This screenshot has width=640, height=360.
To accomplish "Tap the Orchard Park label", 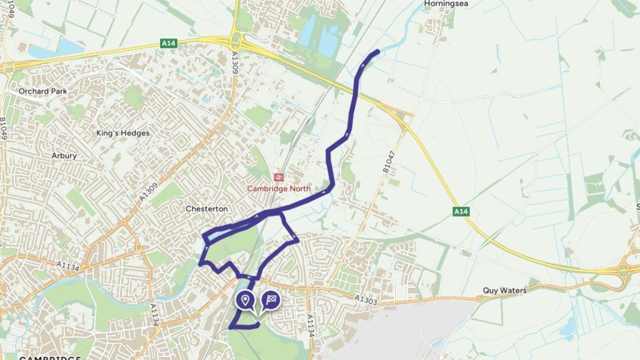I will pyautogui.click(x=42, y=91).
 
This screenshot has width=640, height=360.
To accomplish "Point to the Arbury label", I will pyautogui.click(x=64, y=156).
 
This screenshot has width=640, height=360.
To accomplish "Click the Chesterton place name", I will pyautogui.click(x=207, y=209).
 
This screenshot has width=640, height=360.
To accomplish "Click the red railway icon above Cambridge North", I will pyautogui.click(x=279, y=177).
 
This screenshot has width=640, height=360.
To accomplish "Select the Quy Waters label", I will pyautogui.click(x=504, y=291).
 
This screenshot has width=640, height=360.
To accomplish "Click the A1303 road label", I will pyautogui.click(x=367, y=301).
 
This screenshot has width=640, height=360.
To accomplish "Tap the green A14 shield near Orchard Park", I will pyautogui.click(x=168, y=42).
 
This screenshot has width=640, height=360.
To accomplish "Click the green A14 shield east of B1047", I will pyautogui.click(x=461, y=212).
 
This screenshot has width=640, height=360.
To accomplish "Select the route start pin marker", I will pyautogui.click(x=245, y=301).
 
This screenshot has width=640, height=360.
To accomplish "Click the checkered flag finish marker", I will pyautogui.click(x=270, y=301).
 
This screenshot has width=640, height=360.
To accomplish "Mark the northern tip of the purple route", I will pyautogui.click(x=377, y=51).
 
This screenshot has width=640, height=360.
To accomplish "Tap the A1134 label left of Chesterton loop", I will pyautogui.click(x=72, y=267).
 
